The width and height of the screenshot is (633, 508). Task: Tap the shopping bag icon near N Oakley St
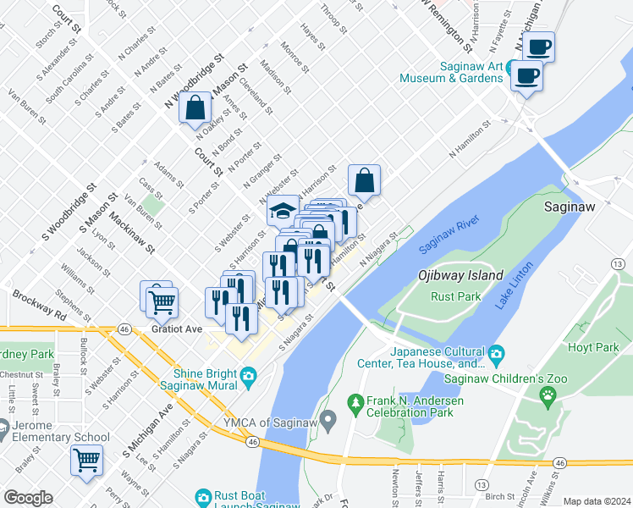pyautogui.click(x=195, y=108)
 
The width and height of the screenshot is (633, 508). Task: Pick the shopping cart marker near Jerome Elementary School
pyautogui.click(x=86, y=460)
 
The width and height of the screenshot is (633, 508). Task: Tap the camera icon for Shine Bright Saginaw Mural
pyautogui.click(x=248, y=375)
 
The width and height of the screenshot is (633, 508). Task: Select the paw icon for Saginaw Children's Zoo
pyautogui.click(x=548, y=394)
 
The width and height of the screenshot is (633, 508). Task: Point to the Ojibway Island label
pyautogui.click(x=460, y=275)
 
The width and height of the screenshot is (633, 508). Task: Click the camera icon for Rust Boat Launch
pyautogui.click(x=203, y=497)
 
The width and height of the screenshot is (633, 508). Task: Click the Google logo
pyautogui.click(x=28, y=498)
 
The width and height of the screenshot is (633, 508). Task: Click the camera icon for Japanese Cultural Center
pyautogui.click(x=496, y=352)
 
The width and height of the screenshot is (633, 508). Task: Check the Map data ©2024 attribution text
pyautogui.click(x=597, y=501)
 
